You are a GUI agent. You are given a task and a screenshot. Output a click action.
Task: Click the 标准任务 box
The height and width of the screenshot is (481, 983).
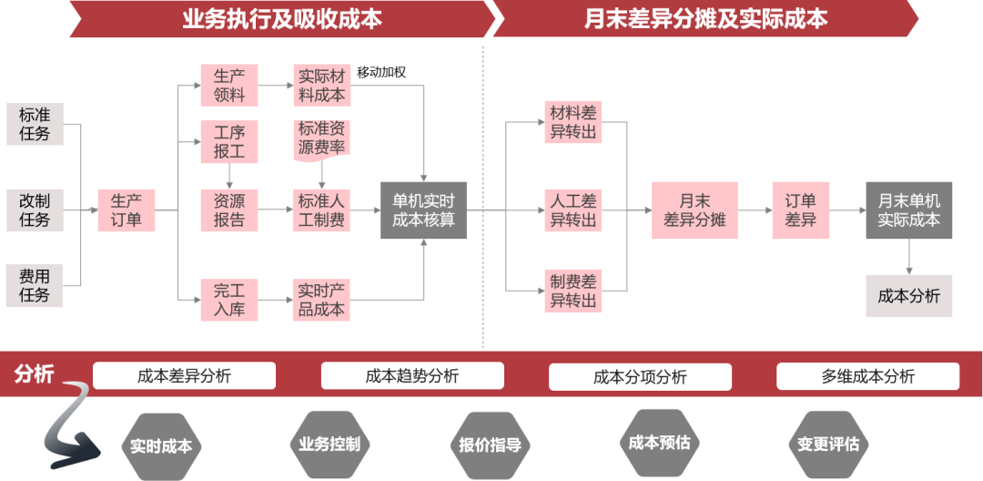[35, 124]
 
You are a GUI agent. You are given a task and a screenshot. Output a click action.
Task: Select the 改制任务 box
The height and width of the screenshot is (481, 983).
[35, 210]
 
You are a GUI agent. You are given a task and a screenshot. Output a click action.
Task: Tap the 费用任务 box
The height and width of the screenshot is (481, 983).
[35, 284]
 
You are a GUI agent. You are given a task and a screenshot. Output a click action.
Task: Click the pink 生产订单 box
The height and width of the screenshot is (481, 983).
[127, 210]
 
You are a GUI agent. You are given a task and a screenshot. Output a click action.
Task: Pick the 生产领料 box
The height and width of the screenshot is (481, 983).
[229, 86]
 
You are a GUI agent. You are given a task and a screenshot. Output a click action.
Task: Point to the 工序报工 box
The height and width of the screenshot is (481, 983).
[229, 141]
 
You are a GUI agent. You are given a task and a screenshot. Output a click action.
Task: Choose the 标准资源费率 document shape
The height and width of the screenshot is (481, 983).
[321, 139]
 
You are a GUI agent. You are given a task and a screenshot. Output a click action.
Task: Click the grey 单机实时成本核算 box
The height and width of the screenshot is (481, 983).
[423, 210]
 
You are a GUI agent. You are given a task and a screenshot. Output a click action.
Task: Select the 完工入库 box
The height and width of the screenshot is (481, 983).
[229, 301]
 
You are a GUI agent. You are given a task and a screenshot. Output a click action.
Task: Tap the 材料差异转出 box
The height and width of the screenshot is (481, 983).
[573, 122]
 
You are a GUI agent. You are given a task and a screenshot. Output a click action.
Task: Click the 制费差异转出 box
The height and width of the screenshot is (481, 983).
[573, 291]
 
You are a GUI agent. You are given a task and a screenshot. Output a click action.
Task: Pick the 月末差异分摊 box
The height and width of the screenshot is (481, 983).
[694, 210]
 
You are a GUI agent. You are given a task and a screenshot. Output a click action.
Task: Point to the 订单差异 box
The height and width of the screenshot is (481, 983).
[801, 210]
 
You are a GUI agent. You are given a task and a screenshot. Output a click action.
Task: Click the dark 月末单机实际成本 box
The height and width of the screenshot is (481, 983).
[908, 210]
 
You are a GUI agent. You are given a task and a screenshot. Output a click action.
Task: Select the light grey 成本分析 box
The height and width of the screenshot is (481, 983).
[908, 296]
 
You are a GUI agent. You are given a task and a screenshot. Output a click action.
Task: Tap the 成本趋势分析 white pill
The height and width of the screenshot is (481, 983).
[412, 375]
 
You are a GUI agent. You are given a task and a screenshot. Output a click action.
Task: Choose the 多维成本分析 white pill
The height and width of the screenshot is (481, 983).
[867, 375]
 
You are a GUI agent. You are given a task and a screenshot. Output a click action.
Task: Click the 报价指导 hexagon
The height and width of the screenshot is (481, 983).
[491, 445]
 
